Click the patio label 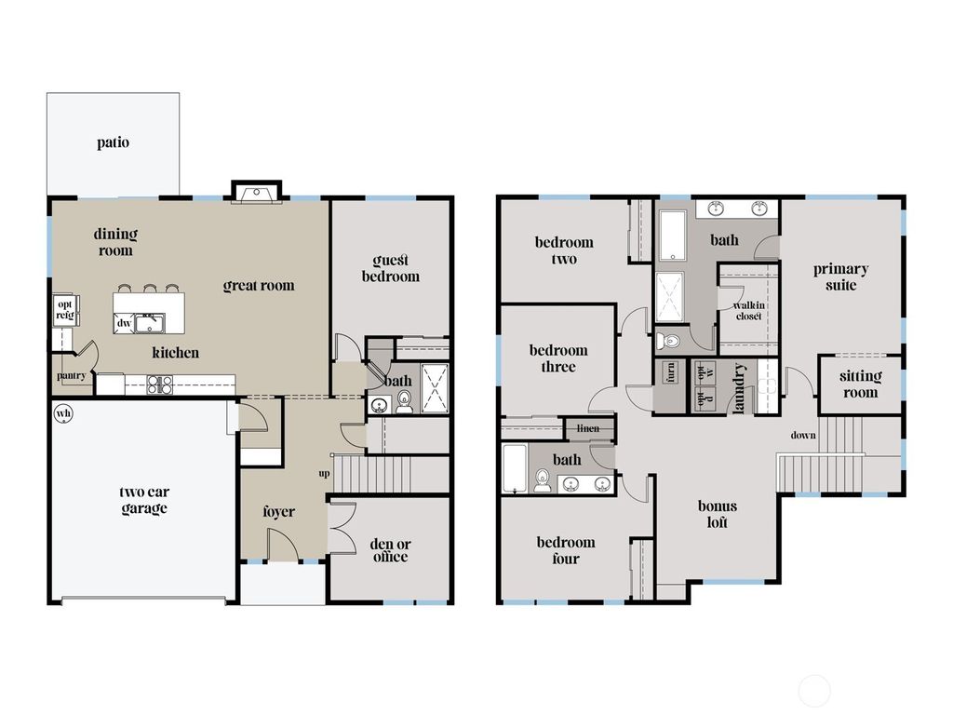(x=113, y=143)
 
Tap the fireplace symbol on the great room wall (x=254, y=193)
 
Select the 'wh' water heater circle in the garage (x=63, y=413)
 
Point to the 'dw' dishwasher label (x=124, y=323)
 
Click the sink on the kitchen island (x=149, y=323)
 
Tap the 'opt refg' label (x=65, y=310)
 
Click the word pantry (x=72, y=376)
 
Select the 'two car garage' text (x=143, y=501)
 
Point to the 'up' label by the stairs (x=324, y=474)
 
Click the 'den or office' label (x=390, y=550)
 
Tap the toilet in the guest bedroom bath (x=404, y=402)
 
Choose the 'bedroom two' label (x=564, y=250)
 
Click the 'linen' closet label (x=588, y=428)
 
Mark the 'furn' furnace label (x=669, y=372)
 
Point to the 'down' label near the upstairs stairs (x=803, y=436)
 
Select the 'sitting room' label (x=860, y=384)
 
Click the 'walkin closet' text (x=748, y=310)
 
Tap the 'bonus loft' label (x=718, y=514)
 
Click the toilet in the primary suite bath (x=668, y=341)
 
